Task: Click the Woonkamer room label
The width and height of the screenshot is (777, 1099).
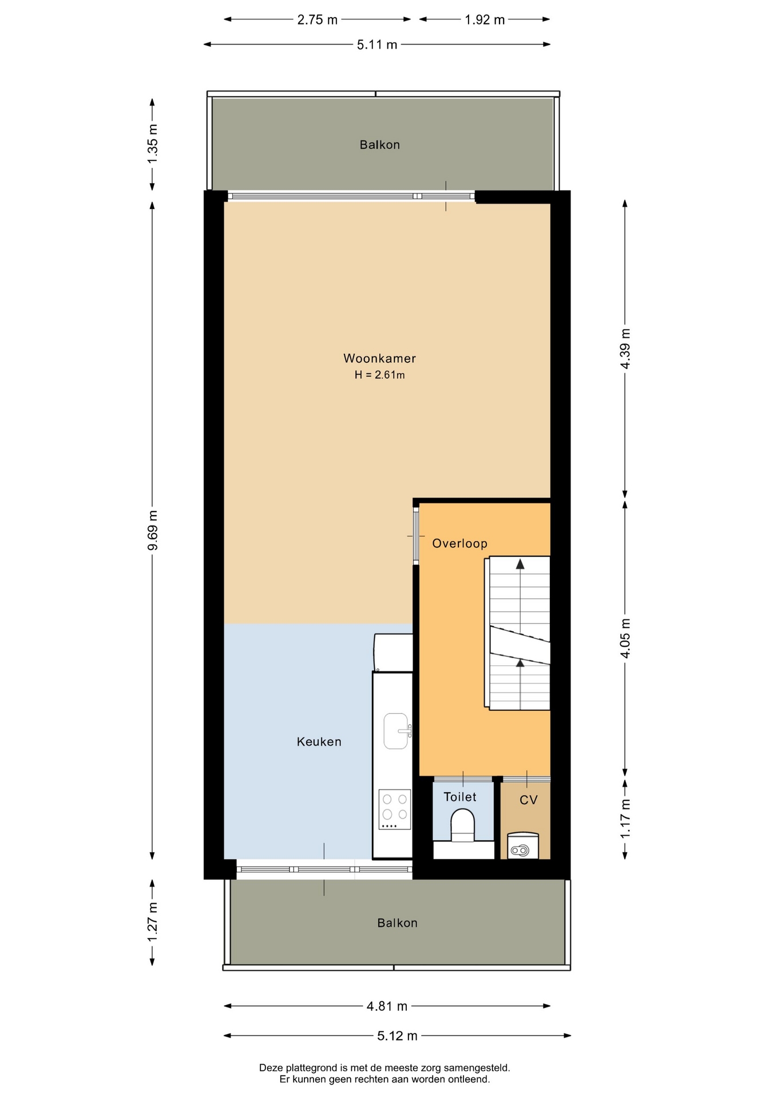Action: pyautogui.click(x=379, y=358)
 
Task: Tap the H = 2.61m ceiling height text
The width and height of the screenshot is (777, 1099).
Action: pyautogui.click(x=379, y=375)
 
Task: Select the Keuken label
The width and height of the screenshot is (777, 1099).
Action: pyautogui.click(x=319, y=742)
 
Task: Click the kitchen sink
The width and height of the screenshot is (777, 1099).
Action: pyautogui.click(x=397, y=731)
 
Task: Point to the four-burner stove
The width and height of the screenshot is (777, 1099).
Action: pyautogui.click(x=395, y=809)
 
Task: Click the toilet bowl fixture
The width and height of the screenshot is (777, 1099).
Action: pyautogui.click(x=463, y=825)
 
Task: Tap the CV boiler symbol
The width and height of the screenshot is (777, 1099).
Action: pyautogui.click(x=523, y=846)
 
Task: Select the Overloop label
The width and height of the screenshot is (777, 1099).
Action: pyautogui.click(x=459, y=543)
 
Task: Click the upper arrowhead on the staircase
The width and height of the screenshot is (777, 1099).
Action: pyautogui.click(x=520, y=564)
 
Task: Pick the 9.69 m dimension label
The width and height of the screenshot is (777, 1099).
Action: pyautogui.click(x=153, y=530)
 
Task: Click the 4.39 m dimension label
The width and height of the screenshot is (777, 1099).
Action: pyautogui.click(x=625, y=349)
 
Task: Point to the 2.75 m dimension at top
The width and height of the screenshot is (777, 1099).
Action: pyautogui.click(x=318, y=20)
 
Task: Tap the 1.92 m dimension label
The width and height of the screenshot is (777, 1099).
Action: pyautogui.click(x=485, y=20)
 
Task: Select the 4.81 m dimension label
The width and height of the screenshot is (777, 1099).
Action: pyautogui.click(x=387, y=1006)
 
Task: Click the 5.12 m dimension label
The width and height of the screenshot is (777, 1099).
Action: pyautogui.click(x=397, y=1035)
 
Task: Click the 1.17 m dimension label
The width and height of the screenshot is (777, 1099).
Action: pyautogui.click(x=625, y=819)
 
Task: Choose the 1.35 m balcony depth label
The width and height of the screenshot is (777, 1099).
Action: pyautogui.click(x=153, y=144)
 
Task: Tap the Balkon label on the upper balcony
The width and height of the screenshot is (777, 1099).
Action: pyautogui.click(x=380, y=145)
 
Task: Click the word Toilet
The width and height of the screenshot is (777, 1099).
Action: pyautogui.click(x=460, y=797)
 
